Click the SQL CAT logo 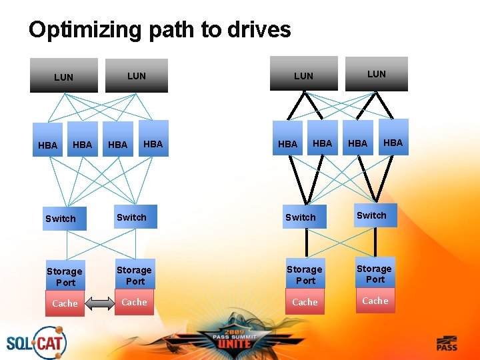pyautogui.click(x=36, y=343)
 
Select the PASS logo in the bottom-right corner pyautogui.click(x=447, y=343)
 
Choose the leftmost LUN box pyautogui.click(x=64, y=76)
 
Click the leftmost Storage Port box pyautogui.click(x=65, y=277)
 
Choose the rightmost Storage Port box pyautogui.click(x=374, y=274)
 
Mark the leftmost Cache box pyautogui.click(x=65, y=303)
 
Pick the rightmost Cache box pyautogui.click(x=375, y=301)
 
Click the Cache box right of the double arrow pyautogui.click(x=134, y=302)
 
